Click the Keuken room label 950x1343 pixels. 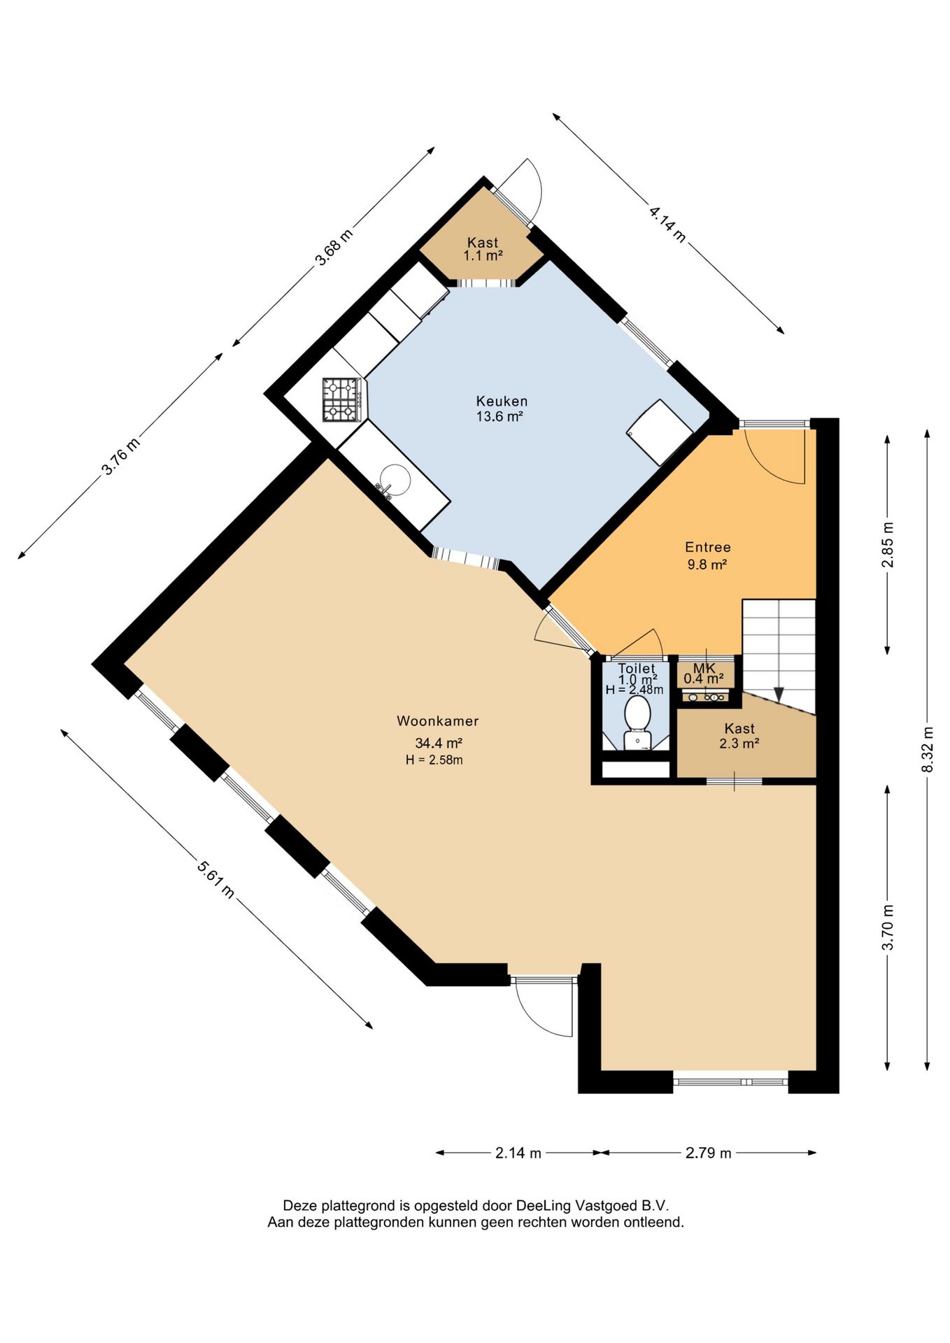(x=502, y=402)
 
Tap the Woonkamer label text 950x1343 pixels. (x=438, y=721)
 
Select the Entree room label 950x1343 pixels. (x=708, y=548)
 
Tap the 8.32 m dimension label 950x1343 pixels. (x=928, y=749)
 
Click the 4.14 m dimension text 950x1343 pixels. (x=667, y=223)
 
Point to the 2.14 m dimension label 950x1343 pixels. (x=518, y=1153)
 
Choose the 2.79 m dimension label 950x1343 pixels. (x=709, y=1153)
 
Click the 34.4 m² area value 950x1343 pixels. (x=439, y=744)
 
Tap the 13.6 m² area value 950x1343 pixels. (x=500, y=417)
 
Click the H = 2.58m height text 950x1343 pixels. (x=434, y=760)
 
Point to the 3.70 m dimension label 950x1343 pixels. (x=889, y=928)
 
